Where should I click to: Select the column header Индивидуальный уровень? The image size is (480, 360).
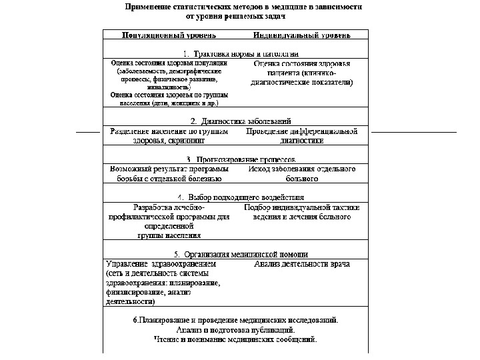click(302, 35)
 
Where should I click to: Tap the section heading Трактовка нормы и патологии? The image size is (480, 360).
click(241, 53)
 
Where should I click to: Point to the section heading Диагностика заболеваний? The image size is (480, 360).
click(241, 121)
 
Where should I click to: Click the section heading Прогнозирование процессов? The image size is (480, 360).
click(241, 159)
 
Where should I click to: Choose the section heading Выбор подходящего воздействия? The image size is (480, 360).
click(241, 197)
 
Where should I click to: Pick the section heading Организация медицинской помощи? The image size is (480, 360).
click(241, 254)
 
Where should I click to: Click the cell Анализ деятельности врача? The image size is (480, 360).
click(302, 264)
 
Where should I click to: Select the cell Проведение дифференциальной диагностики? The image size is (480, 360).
click(302, 136)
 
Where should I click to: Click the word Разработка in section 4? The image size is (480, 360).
click(154, 207)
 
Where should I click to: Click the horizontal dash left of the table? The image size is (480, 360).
click(88, 133)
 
